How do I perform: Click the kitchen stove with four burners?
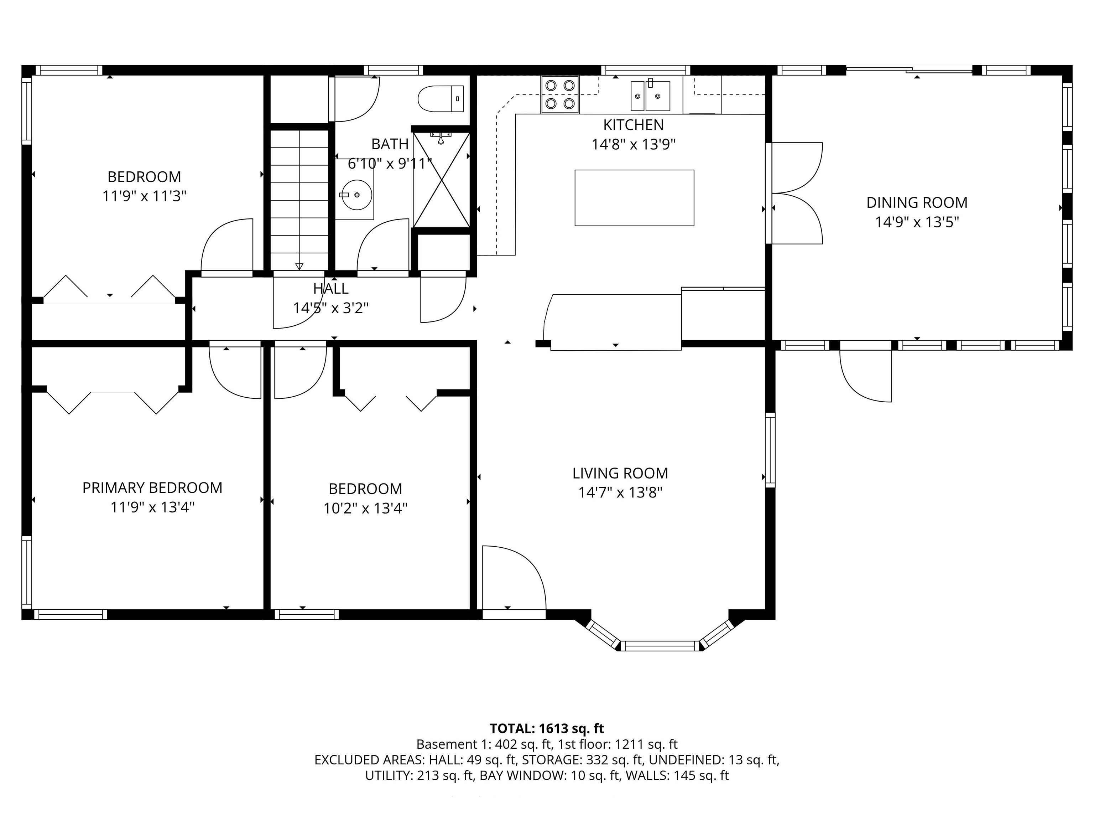[560, 94]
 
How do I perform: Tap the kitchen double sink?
[650, 96]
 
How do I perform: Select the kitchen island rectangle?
[634, 198]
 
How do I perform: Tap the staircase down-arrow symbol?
[299, 266]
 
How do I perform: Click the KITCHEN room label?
[633, 125]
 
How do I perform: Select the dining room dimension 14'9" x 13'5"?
[916, 222]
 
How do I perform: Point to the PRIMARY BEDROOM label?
[152, 487]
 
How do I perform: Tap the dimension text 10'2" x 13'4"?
[365, 508]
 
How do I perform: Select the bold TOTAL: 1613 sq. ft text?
[547, 728]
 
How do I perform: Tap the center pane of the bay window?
[660, 646]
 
